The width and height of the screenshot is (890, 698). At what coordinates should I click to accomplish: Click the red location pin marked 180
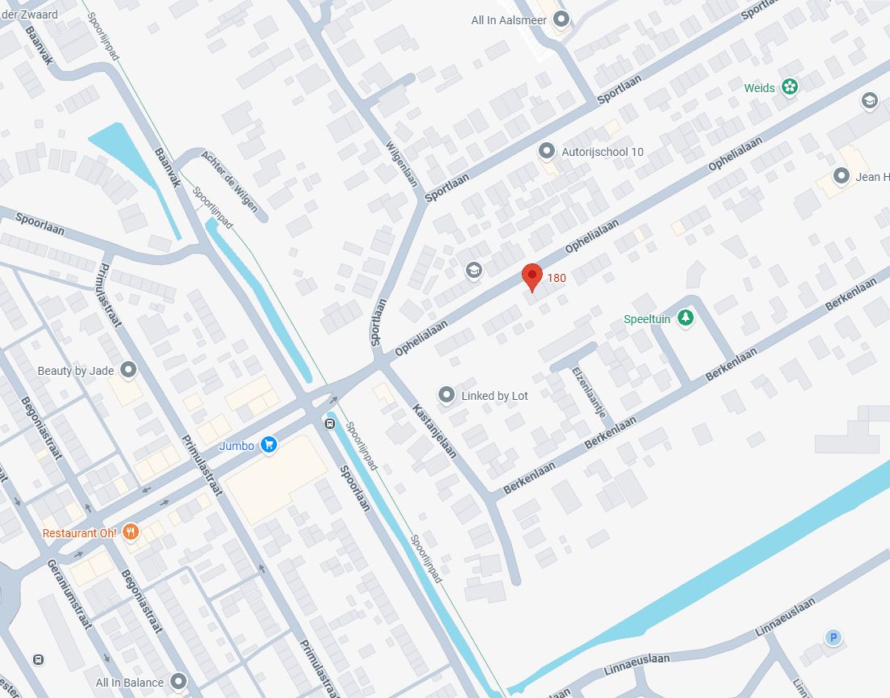point(531,276)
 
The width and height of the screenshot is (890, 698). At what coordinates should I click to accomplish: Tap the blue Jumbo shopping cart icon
point(269,444)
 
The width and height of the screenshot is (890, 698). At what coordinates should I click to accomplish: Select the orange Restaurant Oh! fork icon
point(132,532)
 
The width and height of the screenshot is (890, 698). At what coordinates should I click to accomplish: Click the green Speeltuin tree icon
point(686,318)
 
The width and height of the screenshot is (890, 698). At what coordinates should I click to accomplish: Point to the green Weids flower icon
point(790,87)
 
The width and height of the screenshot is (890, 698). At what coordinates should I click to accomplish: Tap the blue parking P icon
point(833,638)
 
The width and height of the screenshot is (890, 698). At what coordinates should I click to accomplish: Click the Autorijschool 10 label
point(602,152)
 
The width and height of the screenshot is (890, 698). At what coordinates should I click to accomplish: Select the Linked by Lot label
point(494,396)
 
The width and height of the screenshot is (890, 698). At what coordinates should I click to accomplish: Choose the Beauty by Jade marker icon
point(128,371)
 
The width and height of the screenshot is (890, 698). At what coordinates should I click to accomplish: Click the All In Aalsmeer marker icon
point(561,20)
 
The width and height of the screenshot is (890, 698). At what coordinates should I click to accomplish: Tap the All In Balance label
point(129,683)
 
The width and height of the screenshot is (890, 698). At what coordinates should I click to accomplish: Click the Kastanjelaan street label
point(435,431)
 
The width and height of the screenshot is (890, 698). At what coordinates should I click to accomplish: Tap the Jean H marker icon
point(842,176)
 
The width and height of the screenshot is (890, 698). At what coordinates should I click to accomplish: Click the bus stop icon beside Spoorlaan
point(330,423)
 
